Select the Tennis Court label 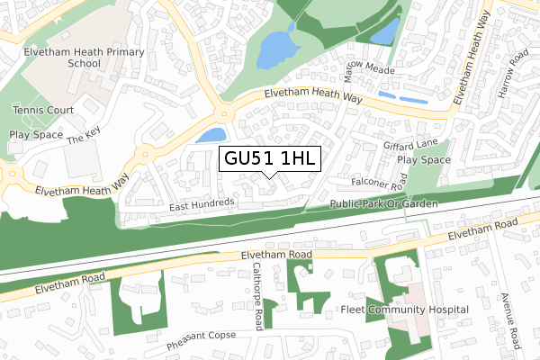(41, 110)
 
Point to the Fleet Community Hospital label (405, 310)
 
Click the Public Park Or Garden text (382, 204)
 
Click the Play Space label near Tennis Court (35, 134)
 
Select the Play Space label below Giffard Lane (423, 160)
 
